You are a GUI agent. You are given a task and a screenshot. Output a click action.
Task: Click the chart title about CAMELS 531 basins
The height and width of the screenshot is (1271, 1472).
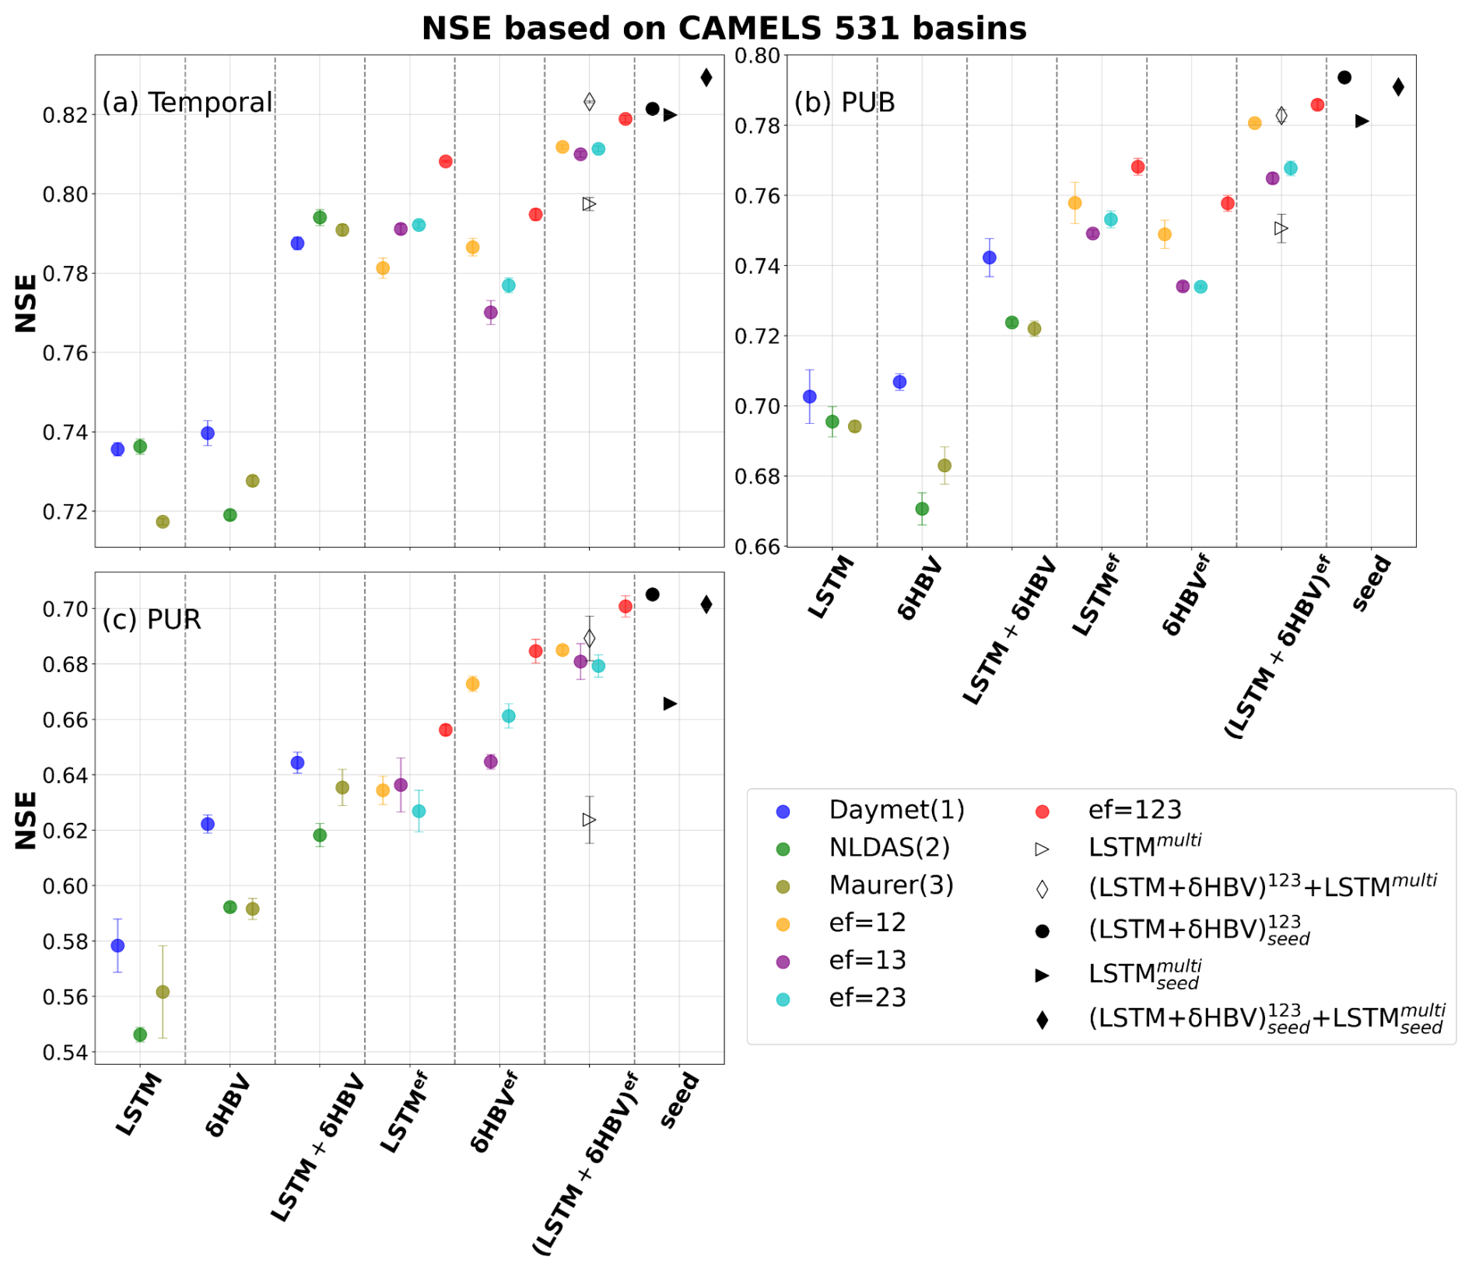pyautogui.click(x=724, y=29)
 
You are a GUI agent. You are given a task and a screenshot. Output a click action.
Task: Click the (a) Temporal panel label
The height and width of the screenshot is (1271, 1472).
pyautogui.click(x=187, y=102)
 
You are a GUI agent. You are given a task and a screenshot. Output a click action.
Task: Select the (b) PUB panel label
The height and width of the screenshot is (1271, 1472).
pyautogui.click(x=844, y=102)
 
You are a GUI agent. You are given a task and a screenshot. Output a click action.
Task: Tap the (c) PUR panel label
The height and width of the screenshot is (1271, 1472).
pyautogui.click(x=152, y=619)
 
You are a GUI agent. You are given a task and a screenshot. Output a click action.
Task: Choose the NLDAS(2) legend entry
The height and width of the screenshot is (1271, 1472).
pyautogui.click(x=889, y=847)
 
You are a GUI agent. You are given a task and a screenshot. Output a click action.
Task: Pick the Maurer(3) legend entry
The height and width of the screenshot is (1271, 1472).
pyautogui.click(x=891, y=885)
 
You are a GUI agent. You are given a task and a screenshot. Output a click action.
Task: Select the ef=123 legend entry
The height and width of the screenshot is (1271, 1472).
pyautogui.click(x=1134, y=810)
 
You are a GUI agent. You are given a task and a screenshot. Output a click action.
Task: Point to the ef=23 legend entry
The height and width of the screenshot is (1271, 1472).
pyautogui.click(x=867, y=998)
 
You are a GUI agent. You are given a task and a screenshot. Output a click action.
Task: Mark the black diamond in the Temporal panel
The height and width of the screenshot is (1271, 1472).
pyautogui.click(x=706, y=77)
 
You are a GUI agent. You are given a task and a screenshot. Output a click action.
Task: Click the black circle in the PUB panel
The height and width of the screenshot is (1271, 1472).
pyautogui.click(x=1344, y=77)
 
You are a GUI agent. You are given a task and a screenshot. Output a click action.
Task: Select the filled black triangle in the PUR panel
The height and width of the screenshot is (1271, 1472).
pyautogui.click(x=670, y=704)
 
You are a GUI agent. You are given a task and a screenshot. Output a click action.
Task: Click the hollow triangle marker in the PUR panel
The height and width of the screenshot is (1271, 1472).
pyautogui.click(x=589, y=820)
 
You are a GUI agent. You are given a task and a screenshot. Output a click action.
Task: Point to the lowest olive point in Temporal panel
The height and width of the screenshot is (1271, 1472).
pyautogui.click(x=163, y=521)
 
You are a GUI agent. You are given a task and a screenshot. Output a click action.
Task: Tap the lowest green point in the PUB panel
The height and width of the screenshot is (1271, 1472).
pyautogui.click(x=922, y=509)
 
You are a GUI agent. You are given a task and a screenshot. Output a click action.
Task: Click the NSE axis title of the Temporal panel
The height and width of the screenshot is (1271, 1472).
pyautogui.click(x=26, y=303)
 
